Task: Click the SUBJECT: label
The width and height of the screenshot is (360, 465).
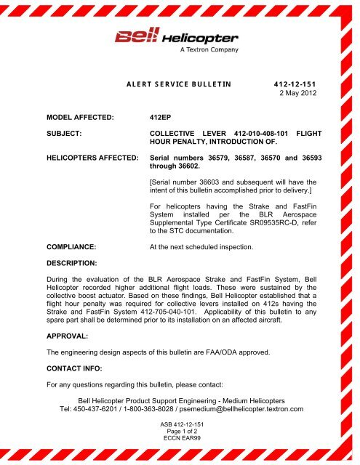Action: [x=51, y=134]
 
